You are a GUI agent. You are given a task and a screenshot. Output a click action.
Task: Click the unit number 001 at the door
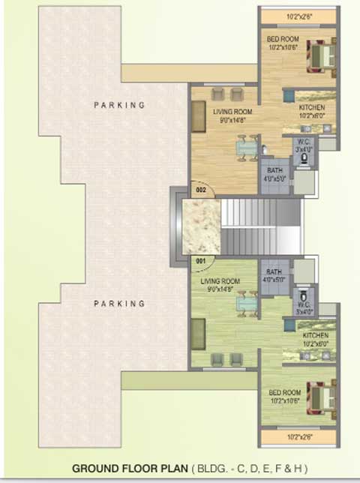pyautogui.click(x=201, y=261)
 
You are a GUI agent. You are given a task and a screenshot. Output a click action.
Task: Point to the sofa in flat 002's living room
pyautogui.click(x=199, y=118)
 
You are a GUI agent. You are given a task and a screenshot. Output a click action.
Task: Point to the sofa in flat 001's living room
pyautogui.click(x=199, y=330)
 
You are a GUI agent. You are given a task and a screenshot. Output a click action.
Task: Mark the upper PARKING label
pyautogui.click(x=119, y=106)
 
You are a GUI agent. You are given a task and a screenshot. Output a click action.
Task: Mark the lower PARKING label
pyautogui.click(x=119, y=304)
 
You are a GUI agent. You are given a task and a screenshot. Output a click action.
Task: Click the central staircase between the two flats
pyautogui.click(x=259, y=225)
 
